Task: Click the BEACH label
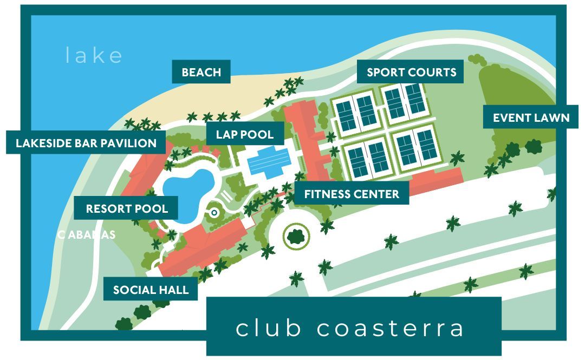[x=201, y=72]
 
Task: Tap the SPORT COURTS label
[x=411, y=72]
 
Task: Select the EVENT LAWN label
[x=530, y=117]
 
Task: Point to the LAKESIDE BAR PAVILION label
[x=86, y=143]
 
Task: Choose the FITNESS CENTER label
[x=352, y=194]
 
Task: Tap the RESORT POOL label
[x=127, y=208]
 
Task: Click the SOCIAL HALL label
[x=151, y=290]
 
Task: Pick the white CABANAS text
[x=87, y=234]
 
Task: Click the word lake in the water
[x=94, y=55]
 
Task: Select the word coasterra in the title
[x=390, y=328]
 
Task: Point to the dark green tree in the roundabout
[x=295, y=235]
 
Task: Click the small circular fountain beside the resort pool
[x=214, y=213]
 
